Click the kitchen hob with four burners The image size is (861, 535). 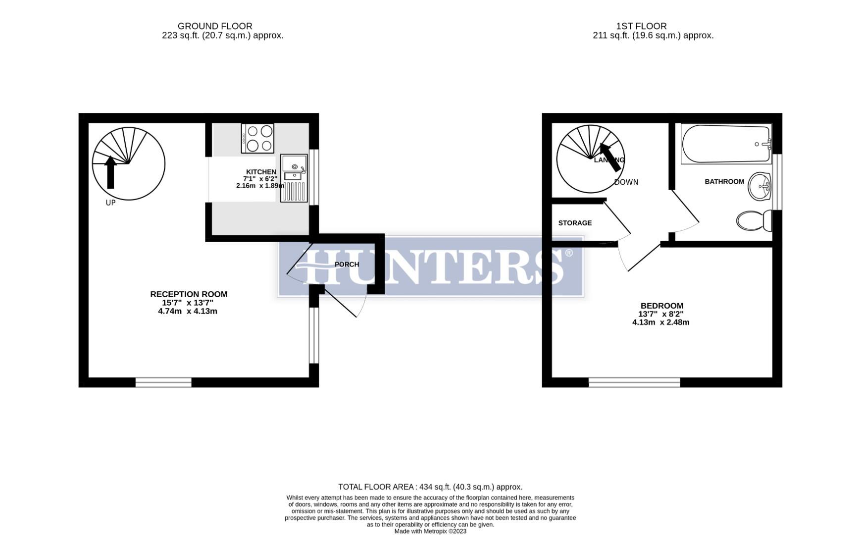coord(257,138)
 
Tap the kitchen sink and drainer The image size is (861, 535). coord(294,178)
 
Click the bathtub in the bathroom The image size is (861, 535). coord(725,144)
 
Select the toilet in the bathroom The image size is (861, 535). coord(754,220)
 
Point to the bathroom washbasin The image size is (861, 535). coord(760,186)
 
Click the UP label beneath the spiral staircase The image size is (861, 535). coord(110,203)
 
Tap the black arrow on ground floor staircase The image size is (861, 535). coord(110,172)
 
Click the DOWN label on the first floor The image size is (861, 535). coord(626,182)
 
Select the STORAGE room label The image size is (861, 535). coord(575,223)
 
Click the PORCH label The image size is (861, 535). coord(347,265)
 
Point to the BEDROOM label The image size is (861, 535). coord(661,306)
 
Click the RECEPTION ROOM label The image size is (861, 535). coord(189,294)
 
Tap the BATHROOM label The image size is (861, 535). coord(724,182)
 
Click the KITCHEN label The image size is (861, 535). coord(261,172)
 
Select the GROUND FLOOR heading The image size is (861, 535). coord(215,26)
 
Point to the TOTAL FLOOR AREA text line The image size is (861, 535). coord(430,487)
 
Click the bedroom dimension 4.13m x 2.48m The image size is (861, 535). coord(660,322)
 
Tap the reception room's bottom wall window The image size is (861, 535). coord(163,382)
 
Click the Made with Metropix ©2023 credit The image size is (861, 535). coord(430,531)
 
